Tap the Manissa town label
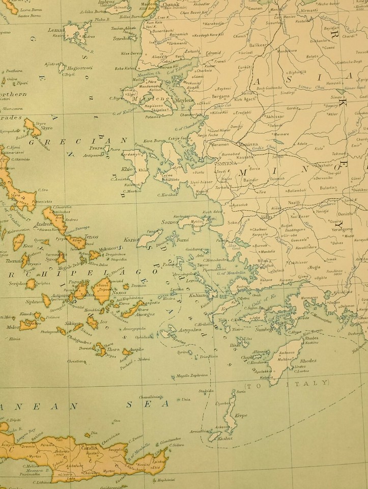pos(248,144)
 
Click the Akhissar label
pos(274,116)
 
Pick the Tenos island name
pos(92,237)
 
